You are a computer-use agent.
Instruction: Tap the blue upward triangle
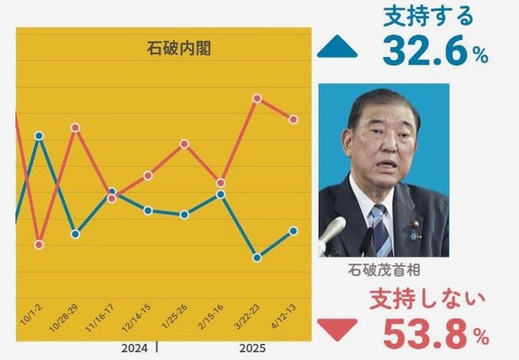tap(337, 49)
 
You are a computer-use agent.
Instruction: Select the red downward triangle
tap(337, 329)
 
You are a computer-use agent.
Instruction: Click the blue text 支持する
tap(427, 16)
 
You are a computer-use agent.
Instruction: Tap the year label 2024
tap(134, 348)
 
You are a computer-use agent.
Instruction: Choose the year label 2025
tap(252, 348)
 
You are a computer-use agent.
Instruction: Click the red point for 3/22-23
tap(258, 98)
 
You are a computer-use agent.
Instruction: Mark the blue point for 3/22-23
tap(258, 257)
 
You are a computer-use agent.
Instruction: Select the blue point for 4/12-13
tap(294, 230)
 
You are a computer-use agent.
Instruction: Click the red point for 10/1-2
tap(39, 244)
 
